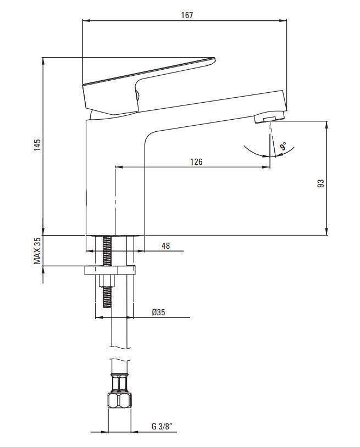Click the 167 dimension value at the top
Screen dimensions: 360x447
point(187,15)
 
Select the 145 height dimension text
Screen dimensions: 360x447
point(37,145)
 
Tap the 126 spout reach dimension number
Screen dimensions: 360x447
point(196,162)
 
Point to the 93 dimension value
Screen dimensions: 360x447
point(321,183)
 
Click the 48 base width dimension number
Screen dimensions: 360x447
point(166,245)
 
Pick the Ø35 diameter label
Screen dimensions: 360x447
point(158,312)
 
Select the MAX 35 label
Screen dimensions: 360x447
point(37,251)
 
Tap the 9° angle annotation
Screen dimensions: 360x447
point(283,147)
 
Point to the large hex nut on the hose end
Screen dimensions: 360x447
point(120,401)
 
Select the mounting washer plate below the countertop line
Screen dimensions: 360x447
point(110,270)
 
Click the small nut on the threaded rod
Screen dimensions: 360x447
point(107,281)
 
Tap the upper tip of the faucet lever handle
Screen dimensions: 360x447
point(213,59)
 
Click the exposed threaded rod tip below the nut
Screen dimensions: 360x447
point(107,297)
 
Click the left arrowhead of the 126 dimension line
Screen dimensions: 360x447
point(118,167)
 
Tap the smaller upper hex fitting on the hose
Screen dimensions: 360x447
point(120,383)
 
